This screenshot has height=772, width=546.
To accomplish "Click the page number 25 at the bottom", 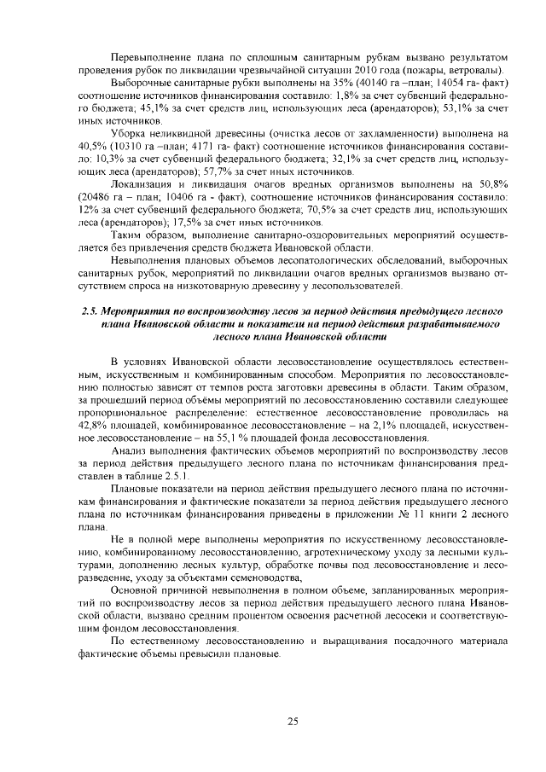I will pos(293,722).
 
